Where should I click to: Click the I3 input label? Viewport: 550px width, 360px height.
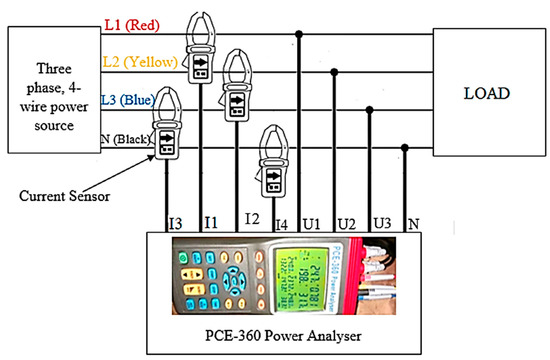175,218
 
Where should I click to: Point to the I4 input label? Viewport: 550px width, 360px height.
283,218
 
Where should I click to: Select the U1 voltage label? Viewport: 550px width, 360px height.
314,218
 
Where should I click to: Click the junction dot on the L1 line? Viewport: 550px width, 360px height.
300,38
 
